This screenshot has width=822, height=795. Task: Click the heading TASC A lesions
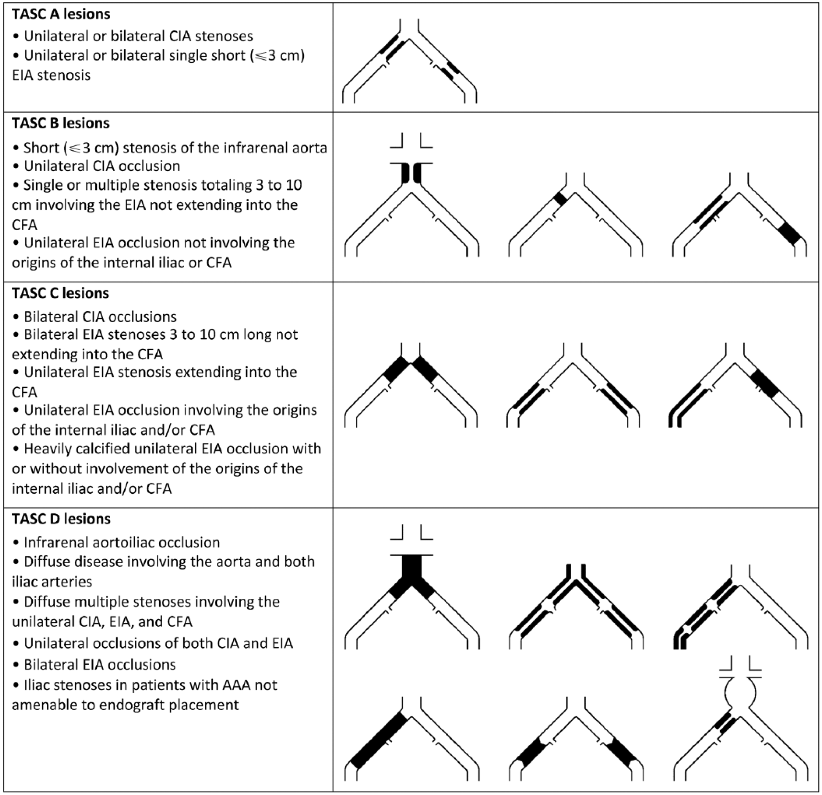click(x=61, y=14)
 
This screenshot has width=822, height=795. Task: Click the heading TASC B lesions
click(x=60, y=123)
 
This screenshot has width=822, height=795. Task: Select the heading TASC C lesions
click(x=60, y=293)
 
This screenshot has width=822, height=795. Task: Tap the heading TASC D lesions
click(x=61, y=518)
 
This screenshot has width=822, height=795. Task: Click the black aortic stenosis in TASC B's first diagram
click(x=411, y=173)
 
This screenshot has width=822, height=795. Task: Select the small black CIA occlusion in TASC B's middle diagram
click(x=561, y=199)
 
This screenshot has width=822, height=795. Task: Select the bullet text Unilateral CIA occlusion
click(x=102, y=166)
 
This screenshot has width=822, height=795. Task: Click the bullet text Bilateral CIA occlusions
click(x=100, y=316)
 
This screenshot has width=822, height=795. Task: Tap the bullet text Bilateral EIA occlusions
click(x=100, y=664)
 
